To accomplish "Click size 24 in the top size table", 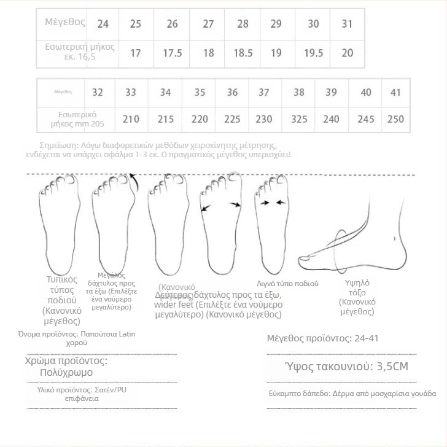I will click(103, 24).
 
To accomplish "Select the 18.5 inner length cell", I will click(243, 53).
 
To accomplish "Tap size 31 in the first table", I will click(348, 24).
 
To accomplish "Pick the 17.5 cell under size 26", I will click(173, 53).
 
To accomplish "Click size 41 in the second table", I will click(396, 92).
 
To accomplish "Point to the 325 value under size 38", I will click(299, 119).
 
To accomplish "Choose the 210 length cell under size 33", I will click(131, 119).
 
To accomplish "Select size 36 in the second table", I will click(232, 92).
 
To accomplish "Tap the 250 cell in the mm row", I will click(396, 119).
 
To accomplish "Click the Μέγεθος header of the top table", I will click(64, 21).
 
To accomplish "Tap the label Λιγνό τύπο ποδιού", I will click(287, 284).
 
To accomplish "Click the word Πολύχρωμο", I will click(66, 372).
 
